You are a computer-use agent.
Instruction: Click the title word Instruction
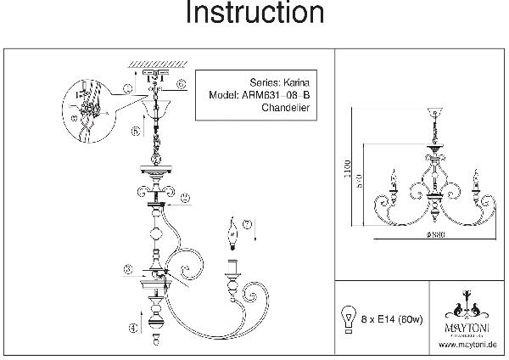click(255, 14)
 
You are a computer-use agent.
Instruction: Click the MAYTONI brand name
click(466, 323)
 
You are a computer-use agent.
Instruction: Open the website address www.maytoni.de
click(467, 345)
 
